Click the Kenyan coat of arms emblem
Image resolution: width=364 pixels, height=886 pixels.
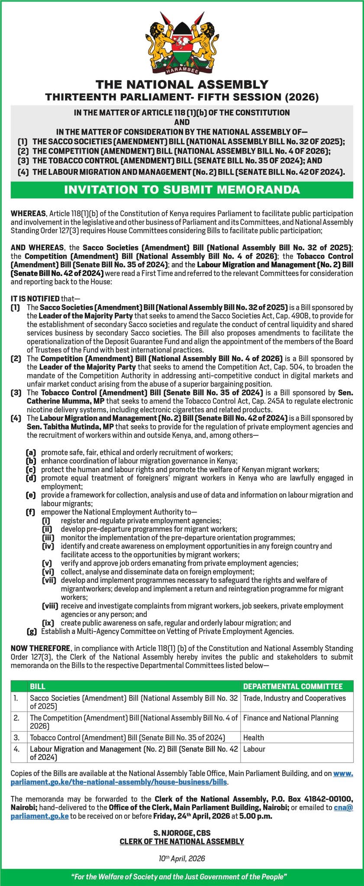point(182,41)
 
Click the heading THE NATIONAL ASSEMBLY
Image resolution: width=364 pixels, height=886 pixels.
point(182,84)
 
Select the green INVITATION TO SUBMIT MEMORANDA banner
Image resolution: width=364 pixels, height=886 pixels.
point(182,189)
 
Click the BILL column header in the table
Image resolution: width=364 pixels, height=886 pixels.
point(38,686)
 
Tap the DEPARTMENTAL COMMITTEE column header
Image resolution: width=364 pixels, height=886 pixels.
point(293,686)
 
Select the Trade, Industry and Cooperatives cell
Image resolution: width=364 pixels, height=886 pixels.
point(294,698)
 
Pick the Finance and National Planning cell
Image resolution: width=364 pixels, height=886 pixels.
point(290,718)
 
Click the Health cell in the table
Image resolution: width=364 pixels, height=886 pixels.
point(253,737)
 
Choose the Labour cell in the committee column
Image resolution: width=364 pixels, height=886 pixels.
point(254,748)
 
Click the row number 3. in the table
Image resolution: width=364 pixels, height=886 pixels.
point(16,737)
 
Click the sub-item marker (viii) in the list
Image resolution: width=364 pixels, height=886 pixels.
point(50,606)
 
